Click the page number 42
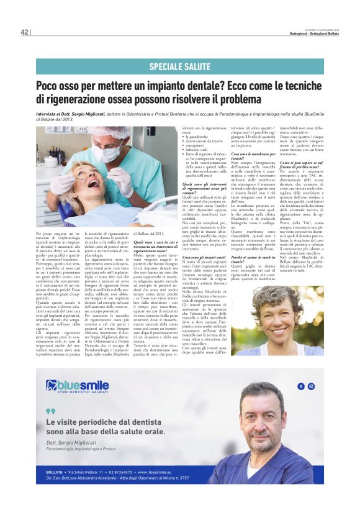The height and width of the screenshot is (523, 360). click(x=25, y=32)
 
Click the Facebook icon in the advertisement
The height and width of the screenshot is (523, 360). click(x=300, y=386)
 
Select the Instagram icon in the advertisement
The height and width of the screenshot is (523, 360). click(x=311, y=386)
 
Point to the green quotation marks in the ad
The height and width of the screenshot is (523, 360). click(x=50, y=411)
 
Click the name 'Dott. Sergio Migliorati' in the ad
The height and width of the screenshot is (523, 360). click(x=70, y=442)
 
